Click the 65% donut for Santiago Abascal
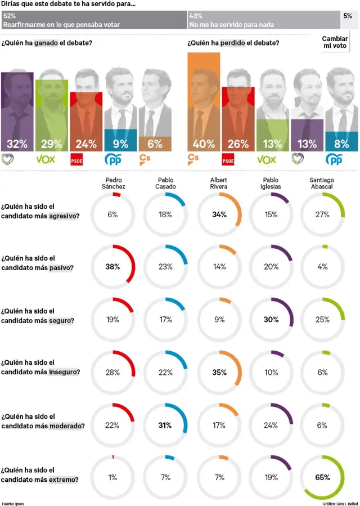322,477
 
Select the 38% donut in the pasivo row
112,267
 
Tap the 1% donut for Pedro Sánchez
112,477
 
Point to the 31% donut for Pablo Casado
165,425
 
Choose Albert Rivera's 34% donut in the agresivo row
219,214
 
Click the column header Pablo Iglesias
270,183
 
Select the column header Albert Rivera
218,183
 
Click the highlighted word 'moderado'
67,426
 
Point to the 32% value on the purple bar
17,144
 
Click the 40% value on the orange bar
204,144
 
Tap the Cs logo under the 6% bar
145,159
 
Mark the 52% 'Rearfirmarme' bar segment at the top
94,20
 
